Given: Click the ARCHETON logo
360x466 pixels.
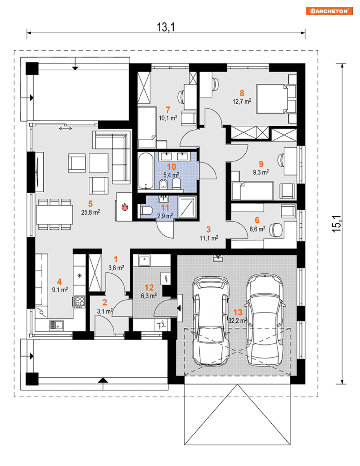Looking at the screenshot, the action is coord(329,11).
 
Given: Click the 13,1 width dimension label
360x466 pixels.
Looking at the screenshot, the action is coord(166,27).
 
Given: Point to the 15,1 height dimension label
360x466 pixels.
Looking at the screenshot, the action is coord(336,224).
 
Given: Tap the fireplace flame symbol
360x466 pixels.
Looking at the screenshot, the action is coord(125,207).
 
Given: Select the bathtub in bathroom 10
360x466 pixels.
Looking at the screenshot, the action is coord(146,171).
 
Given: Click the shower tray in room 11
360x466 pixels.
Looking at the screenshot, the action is coord(187,207).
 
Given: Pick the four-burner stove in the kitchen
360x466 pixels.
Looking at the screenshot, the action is coord(80,302).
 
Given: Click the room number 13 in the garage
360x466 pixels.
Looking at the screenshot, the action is coord(238,312).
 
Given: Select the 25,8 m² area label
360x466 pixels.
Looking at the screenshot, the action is coord(90,212).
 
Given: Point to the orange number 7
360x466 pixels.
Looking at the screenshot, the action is coord(168,110).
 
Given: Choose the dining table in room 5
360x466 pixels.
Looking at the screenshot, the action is coord(54,215).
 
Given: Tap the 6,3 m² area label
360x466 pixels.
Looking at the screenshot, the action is coord(149,296).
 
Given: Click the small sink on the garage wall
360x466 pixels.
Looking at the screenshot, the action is coord(218,258).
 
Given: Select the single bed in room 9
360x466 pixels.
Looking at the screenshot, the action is coord(253,191).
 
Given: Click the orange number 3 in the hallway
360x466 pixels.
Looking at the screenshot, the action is coord(208,229).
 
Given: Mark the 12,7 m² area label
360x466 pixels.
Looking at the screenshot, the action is coord(242,101).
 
